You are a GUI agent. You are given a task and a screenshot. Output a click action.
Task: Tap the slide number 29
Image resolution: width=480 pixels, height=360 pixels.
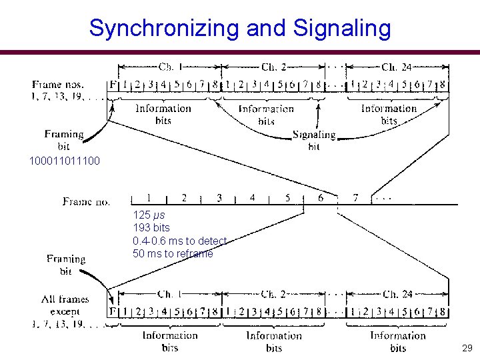[467, 348]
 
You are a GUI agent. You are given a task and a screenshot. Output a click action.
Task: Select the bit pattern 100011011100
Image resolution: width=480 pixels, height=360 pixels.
[65, 161]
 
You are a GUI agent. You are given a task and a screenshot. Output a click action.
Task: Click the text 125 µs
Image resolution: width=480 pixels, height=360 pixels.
[149, 215]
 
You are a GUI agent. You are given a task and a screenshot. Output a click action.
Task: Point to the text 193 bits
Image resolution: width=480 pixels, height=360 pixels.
[151, 228]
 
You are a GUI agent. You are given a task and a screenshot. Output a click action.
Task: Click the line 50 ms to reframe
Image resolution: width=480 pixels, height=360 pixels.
[173, 253]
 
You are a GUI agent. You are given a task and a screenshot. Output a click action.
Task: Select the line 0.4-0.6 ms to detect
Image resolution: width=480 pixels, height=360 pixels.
[180, 241]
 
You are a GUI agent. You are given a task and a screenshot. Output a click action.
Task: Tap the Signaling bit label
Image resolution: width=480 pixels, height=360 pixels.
[314, 141]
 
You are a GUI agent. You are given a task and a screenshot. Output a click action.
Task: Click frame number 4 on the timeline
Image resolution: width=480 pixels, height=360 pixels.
[253, 197]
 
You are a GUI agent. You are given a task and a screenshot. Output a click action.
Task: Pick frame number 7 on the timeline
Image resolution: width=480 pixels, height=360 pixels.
[355, 197]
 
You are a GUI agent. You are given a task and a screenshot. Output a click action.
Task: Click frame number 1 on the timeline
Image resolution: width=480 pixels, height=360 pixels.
[149, 197]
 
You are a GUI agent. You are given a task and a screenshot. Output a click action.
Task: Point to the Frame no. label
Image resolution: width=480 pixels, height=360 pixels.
[87, 201]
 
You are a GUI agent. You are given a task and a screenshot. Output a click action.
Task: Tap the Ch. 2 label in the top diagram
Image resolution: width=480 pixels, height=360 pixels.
[273, 67]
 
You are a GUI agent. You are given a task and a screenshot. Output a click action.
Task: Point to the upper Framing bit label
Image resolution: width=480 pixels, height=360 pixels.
[64, 140]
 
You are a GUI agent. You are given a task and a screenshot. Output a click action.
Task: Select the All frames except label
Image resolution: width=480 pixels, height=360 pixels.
[65, 305]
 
